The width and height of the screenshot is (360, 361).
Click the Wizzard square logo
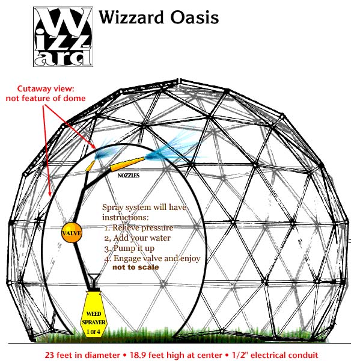point(63,37)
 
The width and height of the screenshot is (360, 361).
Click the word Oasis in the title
point(194,17)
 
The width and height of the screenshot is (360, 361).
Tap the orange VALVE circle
point(72,233)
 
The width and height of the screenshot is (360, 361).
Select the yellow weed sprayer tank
point(94,313)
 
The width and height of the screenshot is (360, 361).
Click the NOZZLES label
point(129,176)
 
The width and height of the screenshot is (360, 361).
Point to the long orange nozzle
point(127,164)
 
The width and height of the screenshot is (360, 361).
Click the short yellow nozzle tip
point(90,166)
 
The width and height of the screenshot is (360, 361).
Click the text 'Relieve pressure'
point(142,227)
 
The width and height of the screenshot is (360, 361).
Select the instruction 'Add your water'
point(142,238)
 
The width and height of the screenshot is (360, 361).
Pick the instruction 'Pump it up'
point(134,248)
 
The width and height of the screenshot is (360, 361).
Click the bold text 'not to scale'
point(135,267)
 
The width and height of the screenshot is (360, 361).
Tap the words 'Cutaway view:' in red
point(46,88)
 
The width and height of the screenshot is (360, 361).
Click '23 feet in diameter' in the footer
point(82,355)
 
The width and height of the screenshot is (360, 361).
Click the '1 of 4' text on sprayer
point(93,332)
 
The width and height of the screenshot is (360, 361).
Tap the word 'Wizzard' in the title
point(130,17)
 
